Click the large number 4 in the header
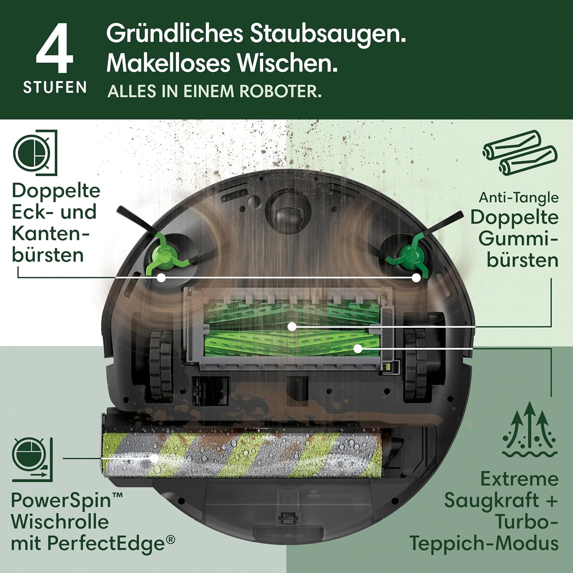(x=55, y=49)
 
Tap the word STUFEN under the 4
(x=55, y=87)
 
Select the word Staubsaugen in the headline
(x=327, y=34)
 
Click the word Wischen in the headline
(x=287, y=63)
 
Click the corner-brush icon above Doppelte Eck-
(x=35, y=152)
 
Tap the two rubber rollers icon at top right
(x=520, y=152)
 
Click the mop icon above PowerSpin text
(x=32, y=460)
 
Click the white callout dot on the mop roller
(x=154, y=458)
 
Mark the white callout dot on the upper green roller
(x=292, y=327)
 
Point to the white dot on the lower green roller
(x=358, y=348)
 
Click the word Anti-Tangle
(x=518, y=197)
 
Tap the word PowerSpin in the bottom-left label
(x=61, y=500)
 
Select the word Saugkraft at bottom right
(x=491, y=500)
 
